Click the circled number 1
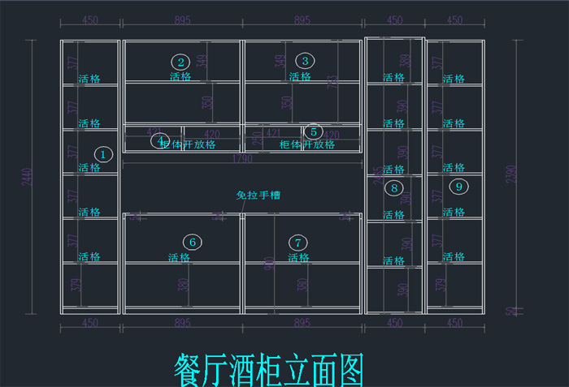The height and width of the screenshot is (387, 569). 102,153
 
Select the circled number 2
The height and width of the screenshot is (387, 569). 180,62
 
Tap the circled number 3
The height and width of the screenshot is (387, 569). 305,61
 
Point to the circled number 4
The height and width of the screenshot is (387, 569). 160,140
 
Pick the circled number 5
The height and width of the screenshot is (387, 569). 313,131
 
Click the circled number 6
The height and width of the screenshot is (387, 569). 192,242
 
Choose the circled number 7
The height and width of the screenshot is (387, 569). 298,242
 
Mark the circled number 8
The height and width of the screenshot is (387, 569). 394,188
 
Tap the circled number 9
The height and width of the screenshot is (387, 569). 459,187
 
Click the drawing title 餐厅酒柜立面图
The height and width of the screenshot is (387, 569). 268,369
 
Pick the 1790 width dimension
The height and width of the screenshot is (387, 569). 242,159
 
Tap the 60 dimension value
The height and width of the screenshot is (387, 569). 510,311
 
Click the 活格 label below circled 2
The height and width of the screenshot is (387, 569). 180,77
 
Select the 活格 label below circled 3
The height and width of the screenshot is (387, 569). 299,77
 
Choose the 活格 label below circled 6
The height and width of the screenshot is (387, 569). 179,257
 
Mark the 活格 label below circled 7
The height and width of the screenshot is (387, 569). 298,257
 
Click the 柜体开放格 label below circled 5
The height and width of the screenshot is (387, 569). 306,144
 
